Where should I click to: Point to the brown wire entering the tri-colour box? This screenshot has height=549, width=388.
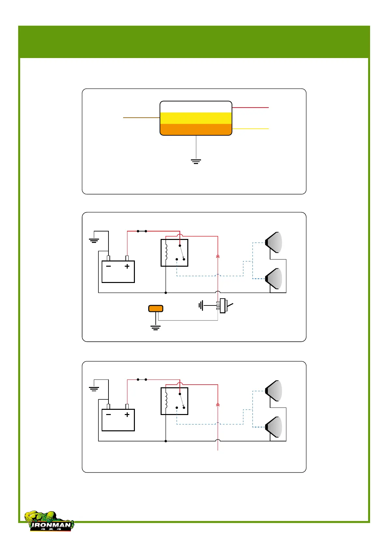tap(141, 118)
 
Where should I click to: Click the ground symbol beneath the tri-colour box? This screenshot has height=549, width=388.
tap(196, 161)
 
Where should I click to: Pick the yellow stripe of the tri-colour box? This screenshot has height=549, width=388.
tap(196, 118)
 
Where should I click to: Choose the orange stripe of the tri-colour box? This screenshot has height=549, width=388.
tap(196, 129)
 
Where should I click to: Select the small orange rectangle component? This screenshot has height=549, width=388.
tap(156, 308)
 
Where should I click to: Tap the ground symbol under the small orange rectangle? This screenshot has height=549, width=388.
tap(156, 328)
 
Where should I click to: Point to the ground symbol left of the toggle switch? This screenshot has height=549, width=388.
tap(201, 305)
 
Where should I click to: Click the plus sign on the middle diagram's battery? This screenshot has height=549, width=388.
tap(127, 266)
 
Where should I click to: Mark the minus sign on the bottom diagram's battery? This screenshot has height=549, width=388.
tap(108, 415)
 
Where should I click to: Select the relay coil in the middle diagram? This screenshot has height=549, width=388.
tap(166, 253)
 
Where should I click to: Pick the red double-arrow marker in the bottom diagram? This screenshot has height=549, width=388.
tap(218, 405)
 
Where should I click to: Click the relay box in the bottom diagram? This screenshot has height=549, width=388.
tap(175, 401)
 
